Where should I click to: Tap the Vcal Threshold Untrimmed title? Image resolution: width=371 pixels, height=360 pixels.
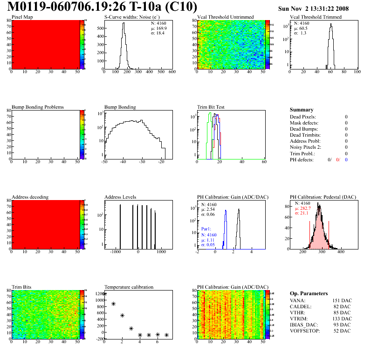point(225,17)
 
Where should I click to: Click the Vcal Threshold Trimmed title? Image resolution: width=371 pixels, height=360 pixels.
point(316,17)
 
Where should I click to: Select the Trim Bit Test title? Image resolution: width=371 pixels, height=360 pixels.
point(211,107)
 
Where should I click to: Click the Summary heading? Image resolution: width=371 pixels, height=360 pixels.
point(302,110)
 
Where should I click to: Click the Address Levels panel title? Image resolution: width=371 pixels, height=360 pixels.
point(120,197)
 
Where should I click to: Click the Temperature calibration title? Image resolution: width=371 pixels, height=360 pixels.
point(129,287)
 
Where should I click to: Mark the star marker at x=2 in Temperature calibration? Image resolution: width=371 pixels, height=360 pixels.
point(122,316)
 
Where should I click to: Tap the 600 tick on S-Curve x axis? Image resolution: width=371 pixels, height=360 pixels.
point(172,72)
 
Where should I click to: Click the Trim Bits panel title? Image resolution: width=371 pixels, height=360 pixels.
point(21,287)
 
